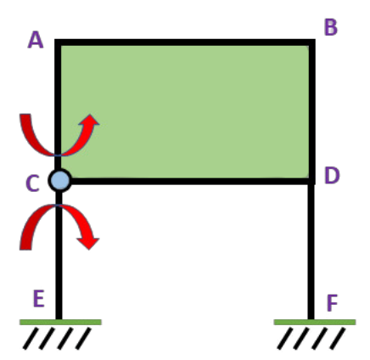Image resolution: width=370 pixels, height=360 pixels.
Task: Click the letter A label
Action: click(x=36, y=40)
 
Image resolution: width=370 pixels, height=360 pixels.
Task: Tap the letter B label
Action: click(x=331, y=27)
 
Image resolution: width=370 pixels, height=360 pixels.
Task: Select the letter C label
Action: click(x=32, y=183)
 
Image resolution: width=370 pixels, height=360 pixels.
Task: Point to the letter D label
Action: click(x=332, y=176)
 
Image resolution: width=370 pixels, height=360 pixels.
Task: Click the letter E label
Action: click(x=39, y=298)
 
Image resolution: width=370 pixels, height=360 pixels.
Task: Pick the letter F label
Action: click(x=333, y=303)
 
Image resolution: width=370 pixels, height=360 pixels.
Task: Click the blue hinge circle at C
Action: click(x=60, y=180)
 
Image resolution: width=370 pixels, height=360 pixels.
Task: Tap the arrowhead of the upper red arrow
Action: click(x=89, y=121)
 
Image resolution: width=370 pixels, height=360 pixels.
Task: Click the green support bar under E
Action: click(x=60, y=322)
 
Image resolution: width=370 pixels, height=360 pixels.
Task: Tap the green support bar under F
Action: click(x=315, y=322)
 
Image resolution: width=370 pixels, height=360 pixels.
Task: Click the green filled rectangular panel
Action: click(x=185, y=112)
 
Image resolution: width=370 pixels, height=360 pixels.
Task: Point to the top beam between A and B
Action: click(x=185, y=42)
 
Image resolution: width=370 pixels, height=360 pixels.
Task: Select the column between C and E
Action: click(x=59, y=256)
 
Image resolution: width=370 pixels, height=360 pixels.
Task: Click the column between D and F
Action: click(x=311, y=251)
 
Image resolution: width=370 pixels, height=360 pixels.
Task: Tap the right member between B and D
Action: click(x=312, y=112)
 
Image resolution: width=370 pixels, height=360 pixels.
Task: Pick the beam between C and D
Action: click(x=190, y=181)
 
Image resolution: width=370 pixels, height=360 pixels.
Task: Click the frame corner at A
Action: click(x=58, y=42)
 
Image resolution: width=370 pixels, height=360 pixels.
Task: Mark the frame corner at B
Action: click(x=312, y=42)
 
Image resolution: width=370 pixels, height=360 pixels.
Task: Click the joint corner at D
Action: click(x=311, y=181)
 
